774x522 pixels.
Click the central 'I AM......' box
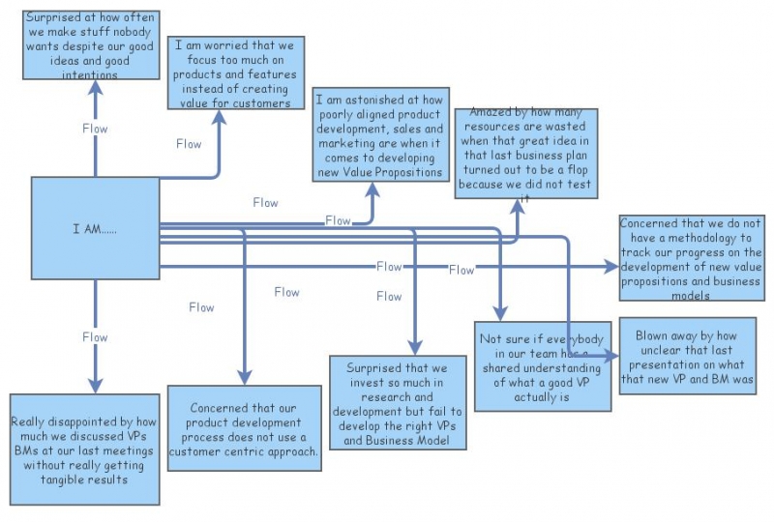click(x=95, y=229)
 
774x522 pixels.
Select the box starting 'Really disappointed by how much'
click(x=85, y=449)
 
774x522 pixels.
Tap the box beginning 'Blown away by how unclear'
click(x=687, y=357)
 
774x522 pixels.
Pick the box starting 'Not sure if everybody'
click(x=542, y=366)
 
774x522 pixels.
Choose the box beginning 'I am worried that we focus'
click(x=236, y=74)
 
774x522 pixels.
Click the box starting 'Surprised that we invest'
click(x=397, y=404)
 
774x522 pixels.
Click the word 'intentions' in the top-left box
click(x=92, y=73)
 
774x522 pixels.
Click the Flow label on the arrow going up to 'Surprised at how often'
click(x=95, y=128)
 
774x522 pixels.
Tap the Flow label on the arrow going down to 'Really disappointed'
click(x=95, y=337)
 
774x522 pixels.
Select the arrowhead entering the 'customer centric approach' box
click(x=244, y=377)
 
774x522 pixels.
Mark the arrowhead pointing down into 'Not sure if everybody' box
click(x=500, y=313)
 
